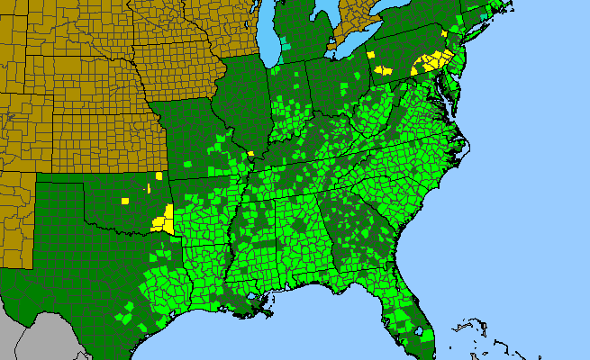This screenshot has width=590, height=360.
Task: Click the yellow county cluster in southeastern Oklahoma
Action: (165, 219)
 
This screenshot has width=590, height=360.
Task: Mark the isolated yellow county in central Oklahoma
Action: (126, 200)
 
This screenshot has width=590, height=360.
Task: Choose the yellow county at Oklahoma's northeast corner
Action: (160, 176)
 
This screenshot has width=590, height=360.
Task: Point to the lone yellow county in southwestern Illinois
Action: (250, 154)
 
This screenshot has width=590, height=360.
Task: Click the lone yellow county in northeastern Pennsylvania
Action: (444, 33)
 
